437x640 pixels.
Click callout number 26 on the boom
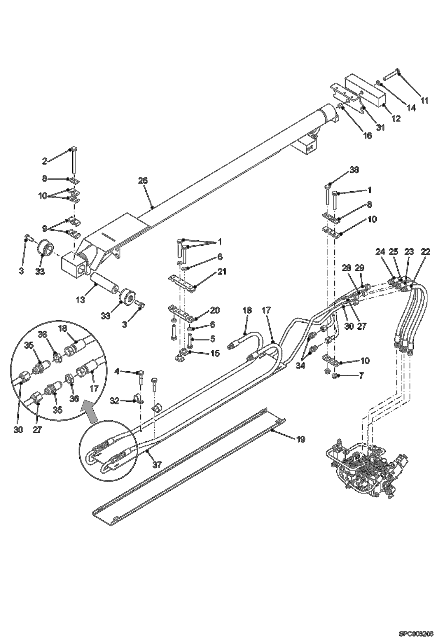(x=143, y=181)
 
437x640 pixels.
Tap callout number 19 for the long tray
(x=301, y=439)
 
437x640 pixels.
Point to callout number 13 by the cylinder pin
(x=81, y=300)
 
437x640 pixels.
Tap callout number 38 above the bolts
(x=355, y=170)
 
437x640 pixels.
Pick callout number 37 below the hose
(x=157, y=465)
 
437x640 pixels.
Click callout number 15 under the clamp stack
(x=215, y=353)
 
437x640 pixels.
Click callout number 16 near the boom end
(x=368, y=135)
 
